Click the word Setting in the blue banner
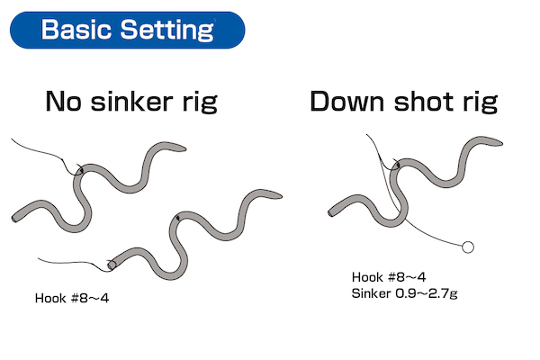[167, 31]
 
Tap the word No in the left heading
[63, 102]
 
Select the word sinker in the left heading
[131, 102]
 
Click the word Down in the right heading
[347, 102]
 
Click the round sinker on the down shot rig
[467, 247]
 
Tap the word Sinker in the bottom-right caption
[371, 293]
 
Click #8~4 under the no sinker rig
[90, 298]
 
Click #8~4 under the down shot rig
[407, 277]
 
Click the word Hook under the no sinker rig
[50, 298]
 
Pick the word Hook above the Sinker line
[367, 277]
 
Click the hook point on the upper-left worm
[82, 170]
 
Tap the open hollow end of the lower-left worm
[112, 265]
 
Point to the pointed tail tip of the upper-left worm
[186, 149]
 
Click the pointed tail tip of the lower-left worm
[282, 196]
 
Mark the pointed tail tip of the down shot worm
[502, 142]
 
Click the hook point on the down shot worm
[398, 166]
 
